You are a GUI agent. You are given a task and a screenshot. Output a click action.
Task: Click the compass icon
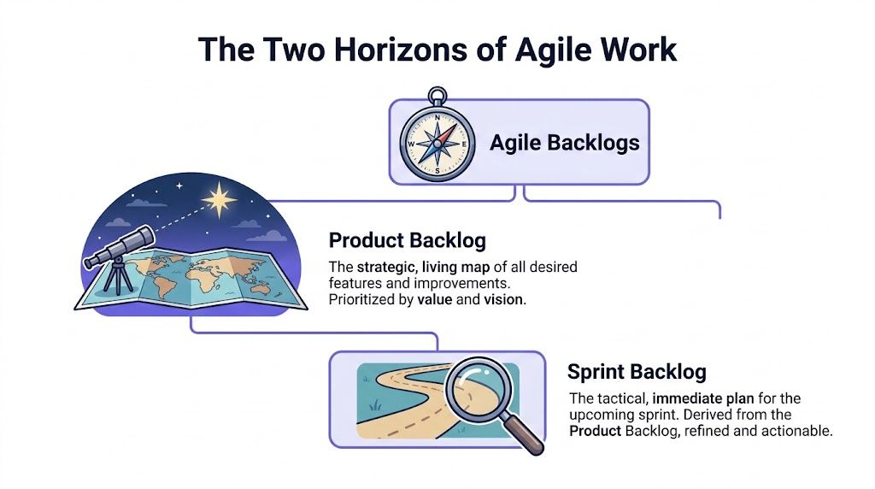pos(437,144)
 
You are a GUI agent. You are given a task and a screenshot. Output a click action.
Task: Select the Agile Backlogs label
pos(564,143)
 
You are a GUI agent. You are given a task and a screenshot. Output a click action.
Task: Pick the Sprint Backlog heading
pos(637,372)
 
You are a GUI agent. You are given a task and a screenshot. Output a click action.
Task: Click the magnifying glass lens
pos(479,386)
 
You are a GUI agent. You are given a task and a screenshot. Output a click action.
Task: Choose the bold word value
pos(435,300)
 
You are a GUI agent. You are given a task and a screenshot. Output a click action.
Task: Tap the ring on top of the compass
pos(437,95)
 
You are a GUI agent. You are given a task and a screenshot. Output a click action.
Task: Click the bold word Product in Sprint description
pos(595,431)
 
